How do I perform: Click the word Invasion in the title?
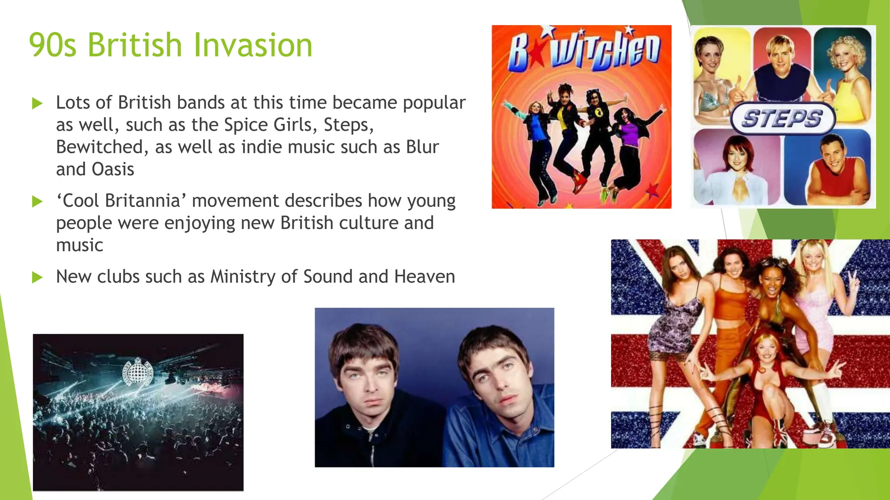[252, 45]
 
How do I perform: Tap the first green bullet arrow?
[37, 104]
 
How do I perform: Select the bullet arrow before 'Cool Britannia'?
[37, 202]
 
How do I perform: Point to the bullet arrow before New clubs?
[37, 277]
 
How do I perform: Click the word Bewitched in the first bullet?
[100, 147]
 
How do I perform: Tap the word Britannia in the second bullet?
[143, 201]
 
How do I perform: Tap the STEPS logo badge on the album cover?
[782, 118]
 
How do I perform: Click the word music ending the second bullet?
[80, 246]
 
